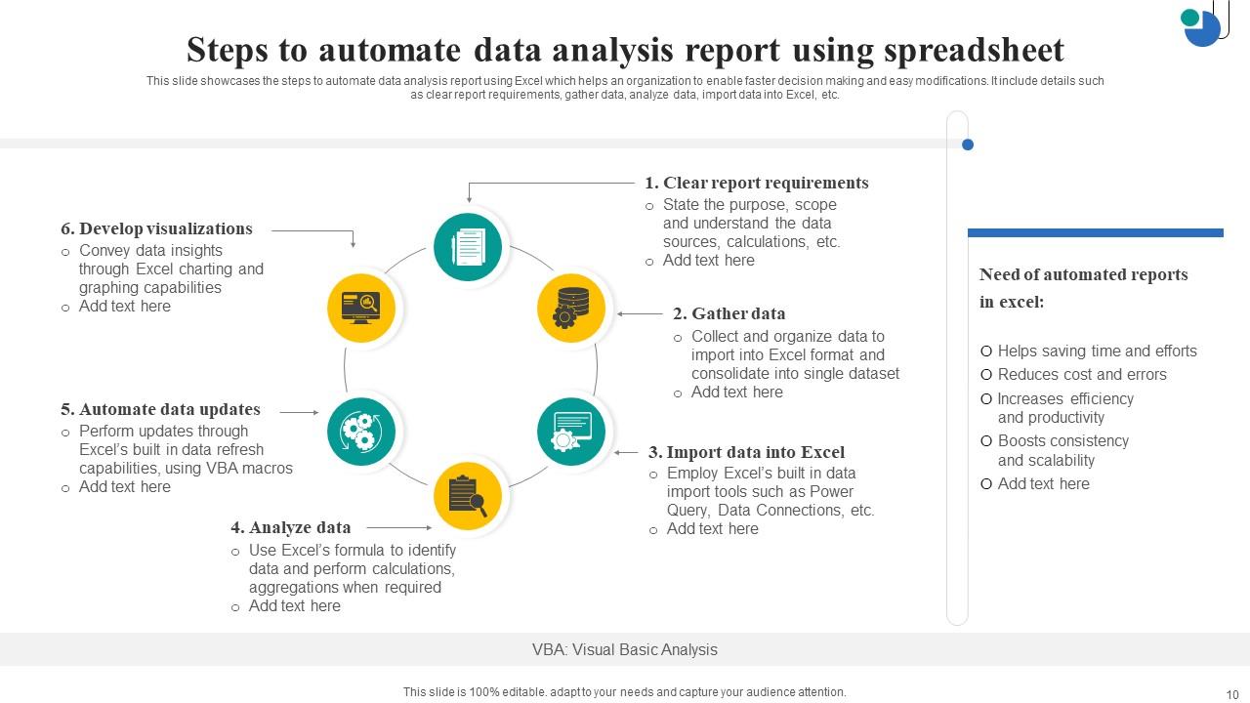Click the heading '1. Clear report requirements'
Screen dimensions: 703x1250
coord(756,183)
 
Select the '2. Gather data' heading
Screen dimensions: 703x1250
coord(729,313)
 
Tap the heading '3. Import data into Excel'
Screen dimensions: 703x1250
coord(746,452)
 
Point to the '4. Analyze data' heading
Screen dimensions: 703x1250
coord(290,527)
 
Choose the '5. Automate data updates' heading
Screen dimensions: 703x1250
coord(160,409)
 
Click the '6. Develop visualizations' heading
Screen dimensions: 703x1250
coord(156,228)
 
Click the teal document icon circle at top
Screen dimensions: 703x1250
coord(468,246)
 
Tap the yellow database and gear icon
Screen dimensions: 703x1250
coord(571,309)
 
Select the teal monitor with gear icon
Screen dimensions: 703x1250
coord(571,431)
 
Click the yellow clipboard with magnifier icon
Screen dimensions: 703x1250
coord(468,496)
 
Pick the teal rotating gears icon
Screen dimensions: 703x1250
coord(361,431)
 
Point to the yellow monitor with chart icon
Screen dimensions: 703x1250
coord(361,309)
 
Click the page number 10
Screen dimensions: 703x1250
coord(1231,694)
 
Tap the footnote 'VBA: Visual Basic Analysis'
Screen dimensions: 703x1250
coord(625,649)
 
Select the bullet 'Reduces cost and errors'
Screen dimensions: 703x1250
coord(1082,374)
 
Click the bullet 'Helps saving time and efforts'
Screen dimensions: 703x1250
coord(1097,351)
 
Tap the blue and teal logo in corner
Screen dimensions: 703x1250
coord(1202,23)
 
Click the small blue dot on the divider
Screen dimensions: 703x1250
coord(968,145)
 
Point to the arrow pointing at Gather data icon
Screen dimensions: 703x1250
coord(640,314)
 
